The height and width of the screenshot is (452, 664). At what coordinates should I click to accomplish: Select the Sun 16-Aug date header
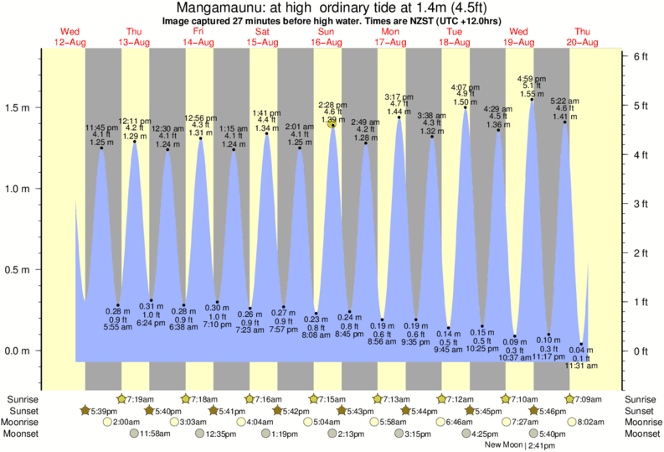pyautogui.click(x=326, y=38)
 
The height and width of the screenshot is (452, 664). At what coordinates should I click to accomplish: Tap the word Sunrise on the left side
pyautogui.click(x=22, y=398)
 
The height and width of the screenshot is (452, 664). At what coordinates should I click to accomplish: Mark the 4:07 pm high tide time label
pyautogui.click(x=466, y=87)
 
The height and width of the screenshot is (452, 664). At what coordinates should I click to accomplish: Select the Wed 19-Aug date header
pyautogui.click(x=518, y=38)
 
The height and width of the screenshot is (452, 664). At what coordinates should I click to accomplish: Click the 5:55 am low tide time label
pyautogui.click(x=117, y=326)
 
